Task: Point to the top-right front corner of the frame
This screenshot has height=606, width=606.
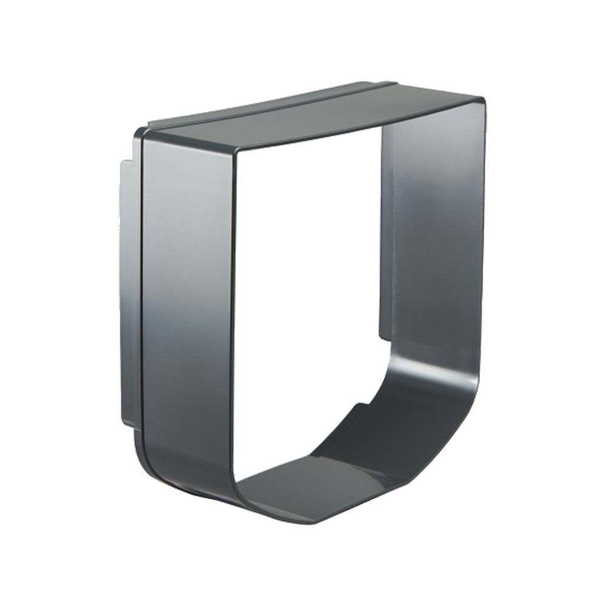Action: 483,101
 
